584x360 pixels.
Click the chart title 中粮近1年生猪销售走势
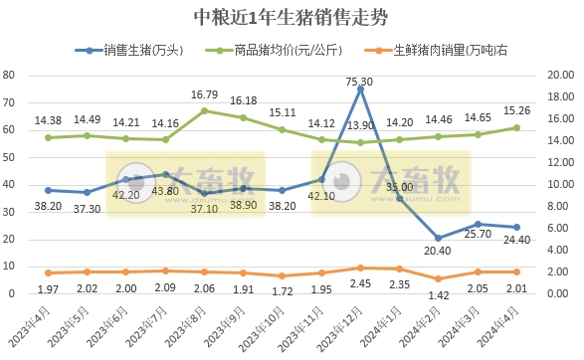(292, 18)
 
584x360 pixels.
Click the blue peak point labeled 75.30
(360, 89)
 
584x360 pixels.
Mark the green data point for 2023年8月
(204, 110)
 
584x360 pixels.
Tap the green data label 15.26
(516, 110)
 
